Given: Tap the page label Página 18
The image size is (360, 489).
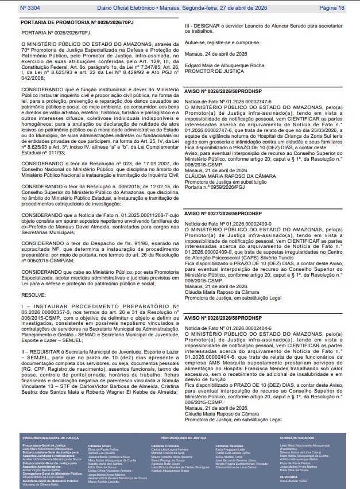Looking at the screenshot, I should tap(331, 8).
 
